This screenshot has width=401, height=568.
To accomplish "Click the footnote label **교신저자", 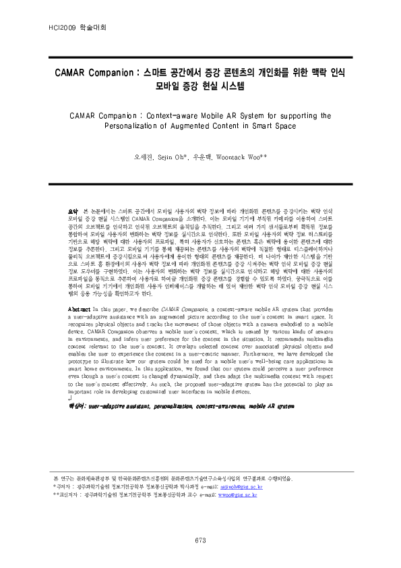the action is pyautogui.click(x=66, y=494).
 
